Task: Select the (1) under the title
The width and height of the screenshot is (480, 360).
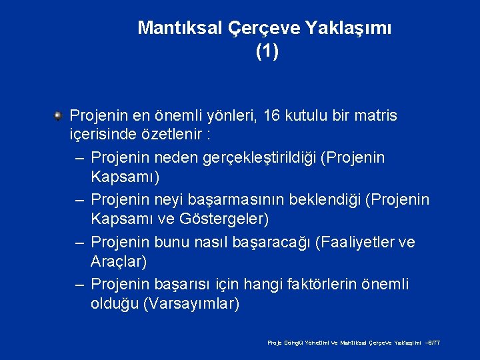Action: coord(267,51)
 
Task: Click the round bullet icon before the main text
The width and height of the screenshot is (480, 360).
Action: coord(58,116)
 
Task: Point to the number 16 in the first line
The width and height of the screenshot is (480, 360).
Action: coord(273,116)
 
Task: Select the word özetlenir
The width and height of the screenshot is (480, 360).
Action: coord(171,136)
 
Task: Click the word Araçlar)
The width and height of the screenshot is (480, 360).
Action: coord(119,262)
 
